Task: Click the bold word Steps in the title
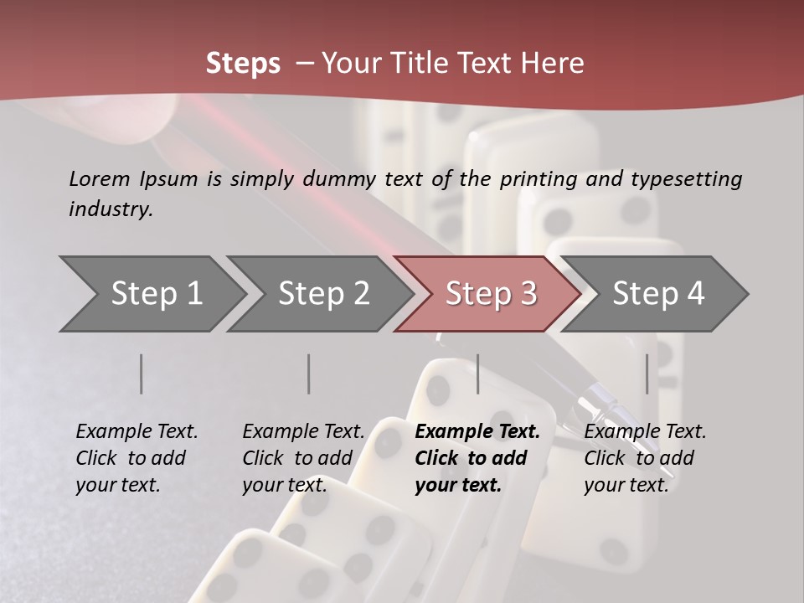tap(243, 64)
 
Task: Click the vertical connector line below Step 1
tap(142, 374)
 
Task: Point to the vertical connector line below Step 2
tap(309, 374)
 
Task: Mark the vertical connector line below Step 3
tap(478, 374)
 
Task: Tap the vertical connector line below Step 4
tap(647, 374)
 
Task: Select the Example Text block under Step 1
tap(137, 458)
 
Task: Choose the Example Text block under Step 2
tap(303, 458)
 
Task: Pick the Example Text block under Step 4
tap(645, 458)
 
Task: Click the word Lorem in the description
tap(100, 178)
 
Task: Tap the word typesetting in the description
tap(686, 178)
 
